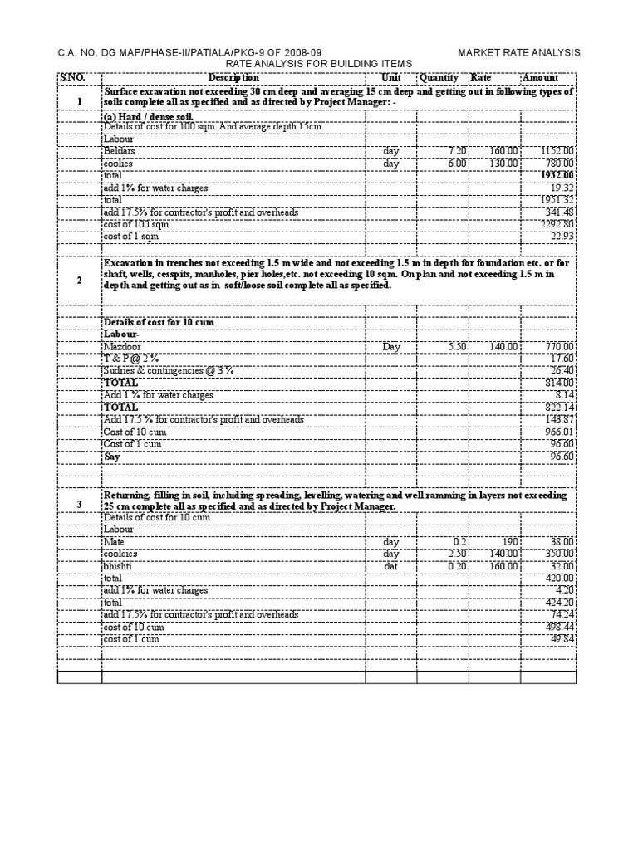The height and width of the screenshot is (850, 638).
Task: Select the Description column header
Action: (233, 77)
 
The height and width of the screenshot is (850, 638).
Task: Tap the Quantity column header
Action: (439, 77)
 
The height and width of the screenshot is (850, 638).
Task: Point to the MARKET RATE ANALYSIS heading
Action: (519, 53)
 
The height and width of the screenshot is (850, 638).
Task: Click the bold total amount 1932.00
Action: (557, 176)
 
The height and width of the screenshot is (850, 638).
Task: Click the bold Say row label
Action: (112, 457)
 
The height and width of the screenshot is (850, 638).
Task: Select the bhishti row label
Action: (117, 566)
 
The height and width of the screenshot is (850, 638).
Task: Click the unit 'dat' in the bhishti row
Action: (391, 566)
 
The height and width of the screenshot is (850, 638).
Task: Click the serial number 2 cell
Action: (79, 281)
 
